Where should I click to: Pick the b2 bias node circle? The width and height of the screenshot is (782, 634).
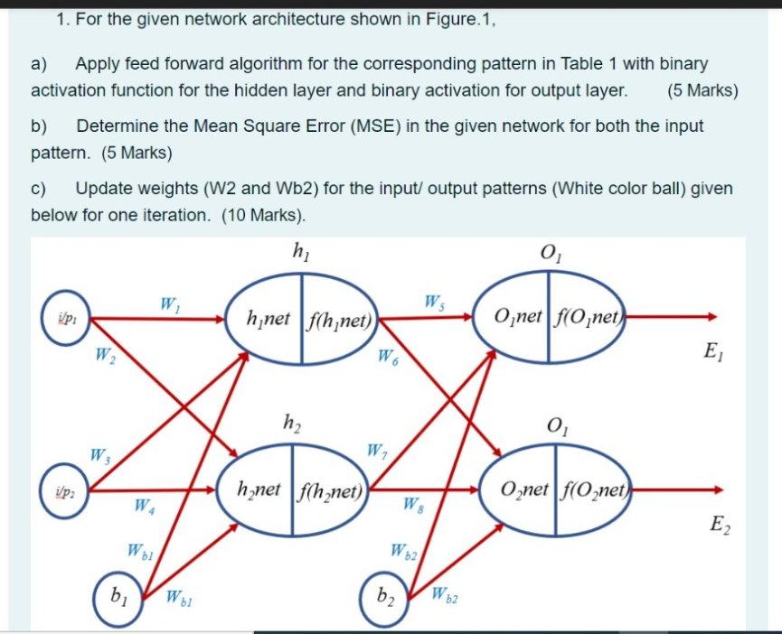(x=386, y=595)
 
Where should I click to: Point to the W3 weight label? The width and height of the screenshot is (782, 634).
(x=99, y=454)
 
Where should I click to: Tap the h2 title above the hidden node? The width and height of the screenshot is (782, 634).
(x=292, y=422)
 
